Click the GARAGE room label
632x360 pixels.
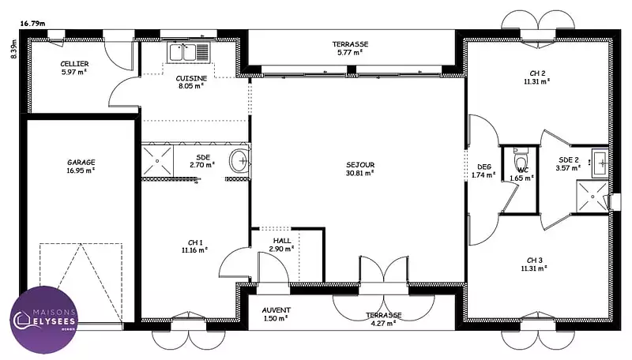tap(81, 163)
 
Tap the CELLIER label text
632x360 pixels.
tap(74, 64)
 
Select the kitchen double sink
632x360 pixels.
tap(188, 52)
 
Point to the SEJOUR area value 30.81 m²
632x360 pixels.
tap(360, 173)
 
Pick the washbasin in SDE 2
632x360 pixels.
tap(600, 163)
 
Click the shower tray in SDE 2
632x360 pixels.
tap(592, 196)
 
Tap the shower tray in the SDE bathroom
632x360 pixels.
tap(157, 161)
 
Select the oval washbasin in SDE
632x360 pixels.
tap(239, 161)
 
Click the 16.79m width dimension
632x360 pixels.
tap(32, 24)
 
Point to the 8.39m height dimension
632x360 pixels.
tap(14, 49)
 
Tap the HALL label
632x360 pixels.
tap(282, 241)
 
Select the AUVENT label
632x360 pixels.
tap(276, 310)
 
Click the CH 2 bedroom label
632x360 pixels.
tap(537, 73)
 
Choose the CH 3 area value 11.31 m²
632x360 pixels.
tap(534, 268)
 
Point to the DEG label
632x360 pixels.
tap(484, 167)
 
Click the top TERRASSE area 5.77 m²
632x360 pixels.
tap(350, 52)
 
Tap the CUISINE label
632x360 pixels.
tap(191, 78)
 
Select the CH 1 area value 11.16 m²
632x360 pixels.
tap(194, 250)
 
